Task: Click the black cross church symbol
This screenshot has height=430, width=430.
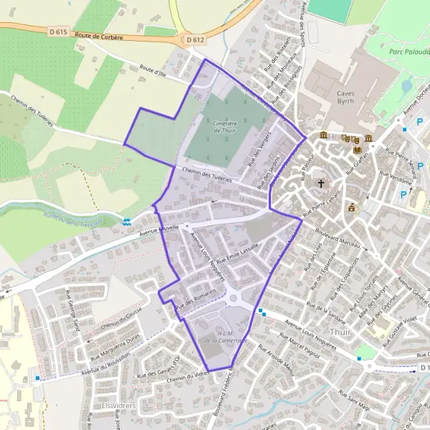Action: click(x=321, y=183)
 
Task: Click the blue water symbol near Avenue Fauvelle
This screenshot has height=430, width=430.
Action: click(x=127, y=222)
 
